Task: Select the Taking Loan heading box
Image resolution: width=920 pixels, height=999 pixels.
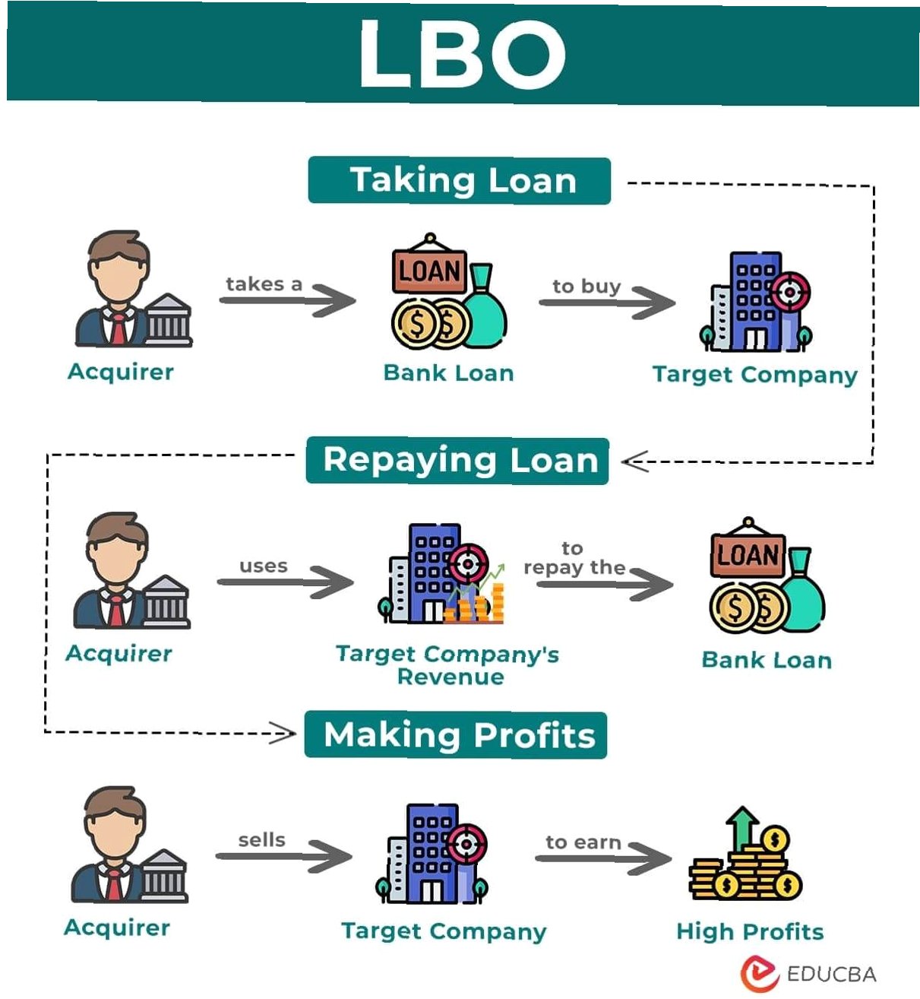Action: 459,181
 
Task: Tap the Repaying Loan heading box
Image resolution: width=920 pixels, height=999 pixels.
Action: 457,461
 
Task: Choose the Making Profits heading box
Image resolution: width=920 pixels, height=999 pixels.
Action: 456,735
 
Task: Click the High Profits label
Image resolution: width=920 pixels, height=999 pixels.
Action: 750,931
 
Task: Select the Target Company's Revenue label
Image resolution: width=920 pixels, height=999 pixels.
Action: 448,664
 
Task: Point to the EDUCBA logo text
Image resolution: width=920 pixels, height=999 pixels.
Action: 831,974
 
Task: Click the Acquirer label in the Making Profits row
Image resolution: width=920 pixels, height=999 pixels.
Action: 117,928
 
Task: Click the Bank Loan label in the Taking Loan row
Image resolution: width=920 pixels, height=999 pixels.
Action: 448,373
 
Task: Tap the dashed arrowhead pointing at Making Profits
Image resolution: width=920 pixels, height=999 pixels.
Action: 284,734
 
